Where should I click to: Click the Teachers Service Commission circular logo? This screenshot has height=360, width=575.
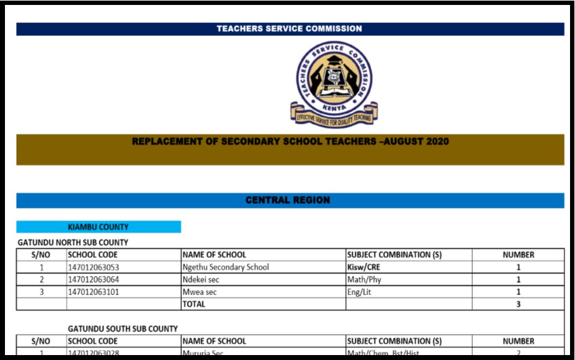[334, 75]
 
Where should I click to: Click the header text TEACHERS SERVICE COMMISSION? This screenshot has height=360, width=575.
[290, 28]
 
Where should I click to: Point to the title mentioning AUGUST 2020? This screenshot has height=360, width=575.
[290, 142]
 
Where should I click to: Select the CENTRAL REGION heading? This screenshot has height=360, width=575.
[288, 200]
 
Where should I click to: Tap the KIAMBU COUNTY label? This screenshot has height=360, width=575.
[98, 227]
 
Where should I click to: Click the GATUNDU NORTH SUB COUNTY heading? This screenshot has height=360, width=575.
[73, 242]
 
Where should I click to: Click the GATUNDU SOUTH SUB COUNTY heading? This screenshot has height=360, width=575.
[123, 328]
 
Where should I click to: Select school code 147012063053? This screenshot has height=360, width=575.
[93, 267]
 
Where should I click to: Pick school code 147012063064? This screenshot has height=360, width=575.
[93, 280]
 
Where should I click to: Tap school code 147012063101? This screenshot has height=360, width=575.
[93, 292]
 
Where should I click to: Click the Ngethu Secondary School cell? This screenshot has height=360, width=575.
[226, 267]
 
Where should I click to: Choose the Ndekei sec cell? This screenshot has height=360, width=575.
[201, 280]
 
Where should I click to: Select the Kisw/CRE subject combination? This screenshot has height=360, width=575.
[364, 267]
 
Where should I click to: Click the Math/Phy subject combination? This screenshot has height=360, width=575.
[364, 280]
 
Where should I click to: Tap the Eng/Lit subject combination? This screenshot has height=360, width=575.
[360, 292]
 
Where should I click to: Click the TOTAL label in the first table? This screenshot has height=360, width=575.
[194, 304]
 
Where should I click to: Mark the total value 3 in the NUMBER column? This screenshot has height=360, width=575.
[519, 304]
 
